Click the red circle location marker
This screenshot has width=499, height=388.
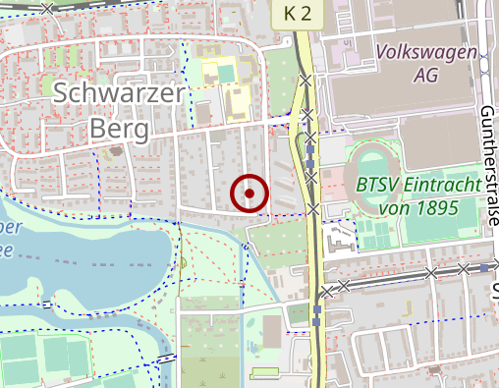coord(249,194)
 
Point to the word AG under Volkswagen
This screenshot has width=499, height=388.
coord(426,75)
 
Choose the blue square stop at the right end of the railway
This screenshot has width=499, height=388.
coord(485,267)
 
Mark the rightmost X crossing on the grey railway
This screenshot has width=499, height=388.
coord(463,268)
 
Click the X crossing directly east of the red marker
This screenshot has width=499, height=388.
coord(313,208)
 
